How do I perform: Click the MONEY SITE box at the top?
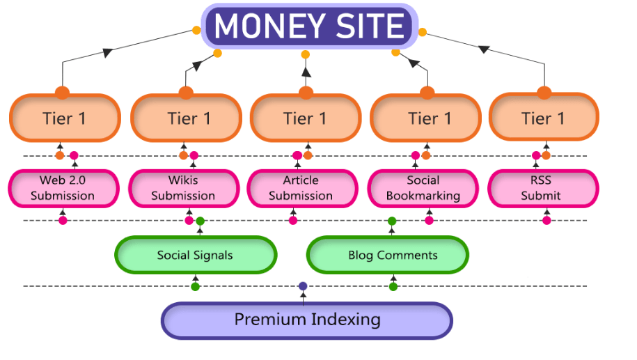tap(310, 26)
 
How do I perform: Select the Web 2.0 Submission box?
tap(63, 188)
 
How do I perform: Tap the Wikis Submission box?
tap(183, 188)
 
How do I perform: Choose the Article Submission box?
tap(301, 188)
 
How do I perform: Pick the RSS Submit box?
tap(542, 188)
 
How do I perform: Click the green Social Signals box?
tap(195, 255)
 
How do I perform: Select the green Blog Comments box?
tap(387, 255)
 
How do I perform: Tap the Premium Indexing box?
tap(307, 320)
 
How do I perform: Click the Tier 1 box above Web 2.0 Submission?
tap(65, 118)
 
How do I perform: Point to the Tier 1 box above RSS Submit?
tap(544, 118)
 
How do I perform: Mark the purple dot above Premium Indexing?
tap(303, 286)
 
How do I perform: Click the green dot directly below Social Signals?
tap(196, 286)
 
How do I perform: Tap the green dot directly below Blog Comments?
tap(393, 286)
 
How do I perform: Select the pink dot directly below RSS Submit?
tap(546, 221)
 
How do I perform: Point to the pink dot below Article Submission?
tap(293, 221)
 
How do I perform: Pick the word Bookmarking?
tap(423, 196)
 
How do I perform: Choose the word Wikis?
tap(183, 181)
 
